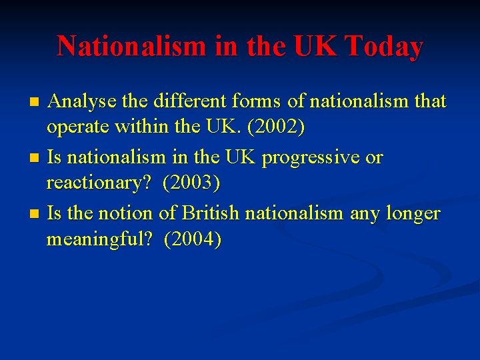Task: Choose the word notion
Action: (x=123, y=213)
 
